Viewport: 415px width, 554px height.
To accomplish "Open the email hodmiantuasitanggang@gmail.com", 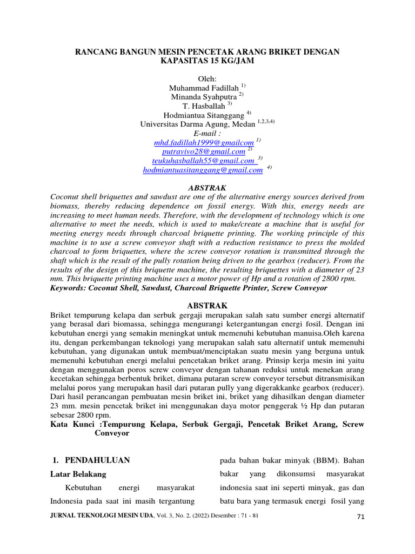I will [x=203, y=170].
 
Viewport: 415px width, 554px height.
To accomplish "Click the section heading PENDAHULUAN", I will [x=97, y=460].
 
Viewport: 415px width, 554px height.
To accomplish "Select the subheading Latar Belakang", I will [x=78, y=474].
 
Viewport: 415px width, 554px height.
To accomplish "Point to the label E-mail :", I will [x=207, y=133].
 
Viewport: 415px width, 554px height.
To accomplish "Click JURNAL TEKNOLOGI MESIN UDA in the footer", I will [x=101, y=516].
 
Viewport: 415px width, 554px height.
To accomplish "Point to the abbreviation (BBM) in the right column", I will [x=322, y=460].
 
